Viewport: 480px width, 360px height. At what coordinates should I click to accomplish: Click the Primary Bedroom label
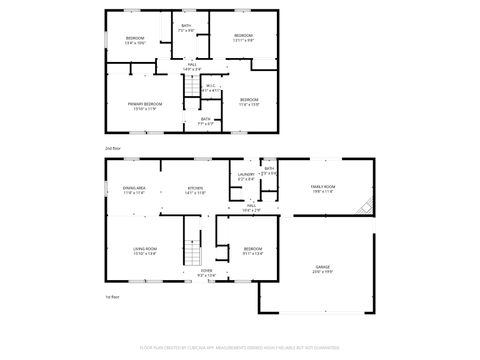click(x=145, y=106)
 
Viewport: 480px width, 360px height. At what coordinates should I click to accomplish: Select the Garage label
click(x=322, y=269)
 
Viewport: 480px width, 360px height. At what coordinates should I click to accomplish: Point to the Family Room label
click(x=322, y=189)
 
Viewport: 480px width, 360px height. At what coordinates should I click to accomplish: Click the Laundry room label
click(x=245, y=176)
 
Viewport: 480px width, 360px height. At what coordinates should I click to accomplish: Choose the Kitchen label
click(x=196, y=190)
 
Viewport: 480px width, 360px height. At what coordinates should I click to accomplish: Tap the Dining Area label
click(x=135, y=190)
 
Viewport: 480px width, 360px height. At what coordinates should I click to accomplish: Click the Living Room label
click(x=146, y=251)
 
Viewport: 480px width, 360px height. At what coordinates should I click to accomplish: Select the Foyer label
click(x=206, y=272)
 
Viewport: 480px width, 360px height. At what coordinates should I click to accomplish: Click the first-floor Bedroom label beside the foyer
click(x=253, y=251)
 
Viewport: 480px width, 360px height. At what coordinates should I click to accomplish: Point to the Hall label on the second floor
click(x=192, y=66)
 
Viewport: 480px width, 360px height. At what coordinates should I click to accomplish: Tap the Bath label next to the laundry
click(x=269, y=171)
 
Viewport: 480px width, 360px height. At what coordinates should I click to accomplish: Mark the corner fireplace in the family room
click(x=368, y=207)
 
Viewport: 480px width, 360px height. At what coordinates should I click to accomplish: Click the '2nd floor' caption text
click(x=112, y=147)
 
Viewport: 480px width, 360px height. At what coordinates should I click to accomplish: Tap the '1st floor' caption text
click(x=112, y=297)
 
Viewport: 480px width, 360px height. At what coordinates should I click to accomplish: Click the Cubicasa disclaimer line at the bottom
click(x=240, y=347)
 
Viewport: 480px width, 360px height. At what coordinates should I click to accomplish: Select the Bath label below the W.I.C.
click(x=205, y=121)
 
